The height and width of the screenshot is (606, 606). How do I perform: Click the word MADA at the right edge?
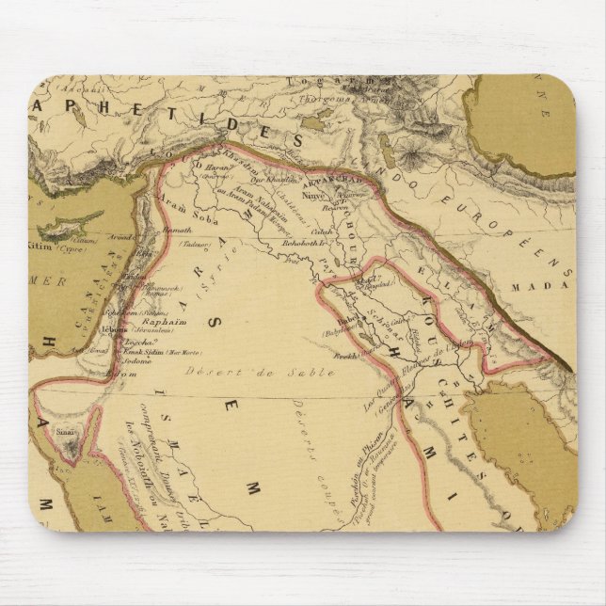[x=555, y=282]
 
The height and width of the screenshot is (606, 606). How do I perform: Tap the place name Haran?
[x=209, y=167]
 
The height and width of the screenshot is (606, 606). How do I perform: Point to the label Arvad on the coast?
[x=118, y=238]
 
